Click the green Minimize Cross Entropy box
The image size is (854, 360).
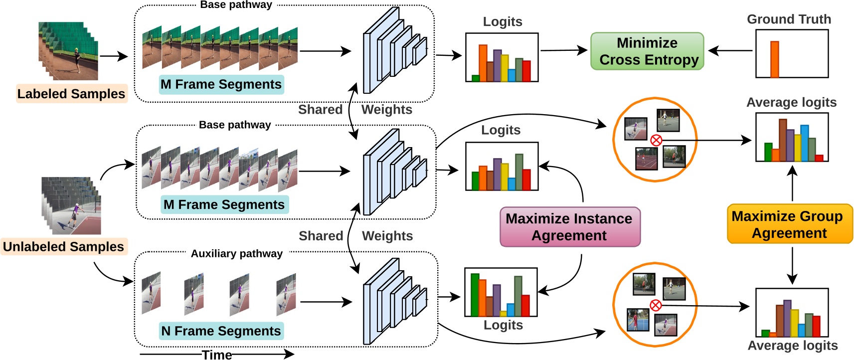point(647,51)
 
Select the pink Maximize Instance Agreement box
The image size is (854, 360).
point(569,227)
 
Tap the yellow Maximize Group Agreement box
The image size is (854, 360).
point(790,224)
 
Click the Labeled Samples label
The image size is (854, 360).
point(71,94)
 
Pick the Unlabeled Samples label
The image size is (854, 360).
point(63,247)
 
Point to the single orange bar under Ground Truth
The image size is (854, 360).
point(774,59)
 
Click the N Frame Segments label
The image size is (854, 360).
point(221,331)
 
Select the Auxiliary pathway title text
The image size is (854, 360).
point(237,253)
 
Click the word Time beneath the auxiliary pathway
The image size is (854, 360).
point(217,355)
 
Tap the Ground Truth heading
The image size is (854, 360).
point(789,19)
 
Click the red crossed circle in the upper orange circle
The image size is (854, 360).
point(656,140)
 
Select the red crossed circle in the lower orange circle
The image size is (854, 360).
point(656,305)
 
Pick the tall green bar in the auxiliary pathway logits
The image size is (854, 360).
point(475,295)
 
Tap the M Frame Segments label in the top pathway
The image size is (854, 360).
point(221,84)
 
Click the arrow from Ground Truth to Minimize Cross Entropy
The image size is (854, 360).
point(730,50)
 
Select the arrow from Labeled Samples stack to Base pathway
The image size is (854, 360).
point(114,56)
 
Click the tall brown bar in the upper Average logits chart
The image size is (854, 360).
point(783,140)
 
